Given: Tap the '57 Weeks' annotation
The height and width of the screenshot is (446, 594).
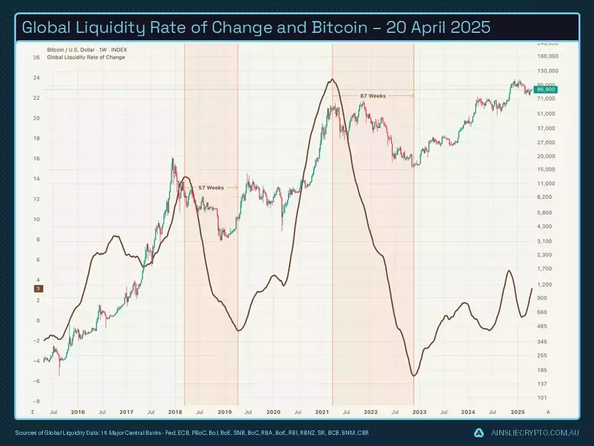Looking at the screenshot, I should pyautogui.click(x=211, y=187).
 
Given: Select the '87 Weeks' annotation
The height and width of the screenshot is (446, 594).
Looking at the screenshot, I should pyautogui.click(x=372, y=96).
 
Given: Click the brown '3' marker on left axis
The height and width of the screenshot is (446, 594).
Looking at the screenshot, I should pyautogui.click(x=38, y=289).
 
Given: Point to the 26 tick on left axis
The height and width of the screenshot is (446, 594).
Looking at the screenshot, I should pyautogui.click(x=37, y=58).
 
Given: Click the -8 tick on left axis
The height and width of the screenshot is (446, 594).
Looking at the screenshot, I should pyautogui.click(x=37, y=401).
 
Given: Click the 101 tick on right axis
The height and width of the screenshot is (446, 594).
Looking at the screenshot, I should pyautogui.click(x=541, y=398).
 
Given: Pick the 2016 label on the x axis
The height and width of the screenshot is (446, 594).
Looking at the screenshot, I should pyautogui.click(x=78, y=412).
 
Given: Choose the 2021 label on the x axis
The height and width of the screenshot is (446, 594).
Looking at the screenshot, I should pyautogui.click(x=322, y=412).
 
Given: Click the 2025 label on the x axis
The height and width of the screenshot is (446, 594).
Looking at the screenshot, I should pyautogui.click(x=517, y=412).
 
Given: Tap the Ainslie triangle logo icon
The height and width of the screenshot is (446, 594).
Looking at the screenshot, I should pyautogui.click(x=479, y=432).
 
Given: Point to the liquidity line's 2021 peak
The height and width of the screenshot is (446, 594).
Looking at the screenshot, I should pyautogui.click(x=333, y=79).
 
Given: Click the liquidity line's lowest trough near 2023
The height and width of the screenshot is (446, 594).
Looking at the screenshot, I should pyautogui.click(x=413, y=375).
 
